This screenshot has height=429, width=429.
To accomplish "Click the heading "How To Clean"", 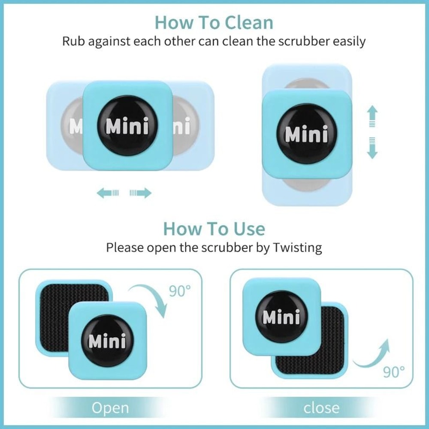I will tap(214, 22).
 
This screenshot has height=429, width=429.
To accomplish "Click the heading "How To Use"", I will tap(214, 229).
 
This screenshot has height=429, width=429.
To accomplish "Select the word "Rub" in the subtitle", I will tap(74, 42).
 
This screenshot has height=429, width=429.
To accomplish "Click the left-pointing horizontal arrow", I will tap(107, 193).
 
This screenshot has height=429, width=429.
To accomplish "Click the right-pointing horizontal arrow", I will tap(141, 193).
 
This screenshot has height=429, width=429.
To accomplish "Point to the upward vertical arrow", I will tap(372, 117).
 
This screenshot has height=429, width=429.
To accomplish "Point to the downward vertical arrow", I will tap(372, 148).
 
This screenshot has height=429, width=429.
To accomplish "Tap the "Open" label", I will tap(110, 408).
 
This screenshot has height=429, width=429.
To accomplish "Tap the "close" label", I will tap(321, 408).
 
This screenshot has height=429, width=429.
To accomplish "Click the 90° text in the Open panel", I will tap(179, 291).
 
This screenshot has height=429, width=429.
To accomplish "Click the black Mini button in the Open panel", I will tap(107, 341).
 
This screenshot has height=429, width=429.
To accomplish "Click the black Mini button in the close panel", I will tap(281, 317).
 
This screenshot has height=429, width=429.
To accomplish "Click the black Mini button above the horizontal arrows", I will tap(127, 126).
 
